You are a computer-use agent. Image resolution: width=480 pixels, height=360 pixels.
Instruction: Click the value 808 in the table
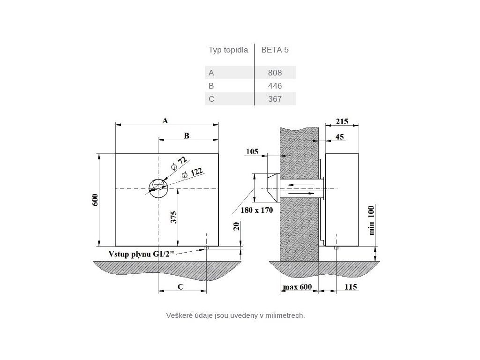(x=275, y=73)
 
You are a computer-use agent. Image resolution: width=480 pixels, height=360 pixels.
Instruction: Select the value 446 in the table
(x=275, y=86)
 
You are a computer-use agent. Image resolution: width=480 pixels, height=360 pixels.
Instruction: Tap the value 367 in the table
(x=275, y=99)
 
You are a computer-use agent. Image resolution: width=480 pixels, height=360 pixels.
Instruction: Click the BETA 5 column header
(x=275, y=50)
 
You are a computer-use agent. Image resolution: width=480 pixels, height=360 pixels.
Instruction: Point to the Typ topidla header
(x=228, y=50)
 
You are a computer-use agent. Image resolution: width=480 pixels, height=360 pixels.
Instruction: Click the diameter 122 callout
(x=192, y=173)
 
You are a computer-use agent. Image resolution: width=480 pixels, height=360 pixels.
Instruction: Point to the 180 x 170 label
(x=257, y=210)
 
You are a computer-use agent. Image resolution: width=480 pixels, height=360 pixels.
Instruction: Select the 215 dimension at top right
(x=342, y=121)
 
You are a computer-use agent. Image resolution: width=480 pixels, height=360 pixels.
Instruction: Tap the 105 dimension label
(x=252, y=151)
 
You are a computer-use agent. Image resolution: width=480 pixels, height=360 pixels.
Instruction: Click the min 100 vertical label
(x=371, y=220)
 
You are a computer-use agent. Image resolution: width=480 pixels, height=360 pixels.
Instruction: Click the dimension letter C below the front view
(x=180, y=286)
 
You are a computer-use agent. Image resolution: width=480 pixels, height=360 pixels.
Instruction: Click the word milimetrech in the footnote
(x=285, y=315)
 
